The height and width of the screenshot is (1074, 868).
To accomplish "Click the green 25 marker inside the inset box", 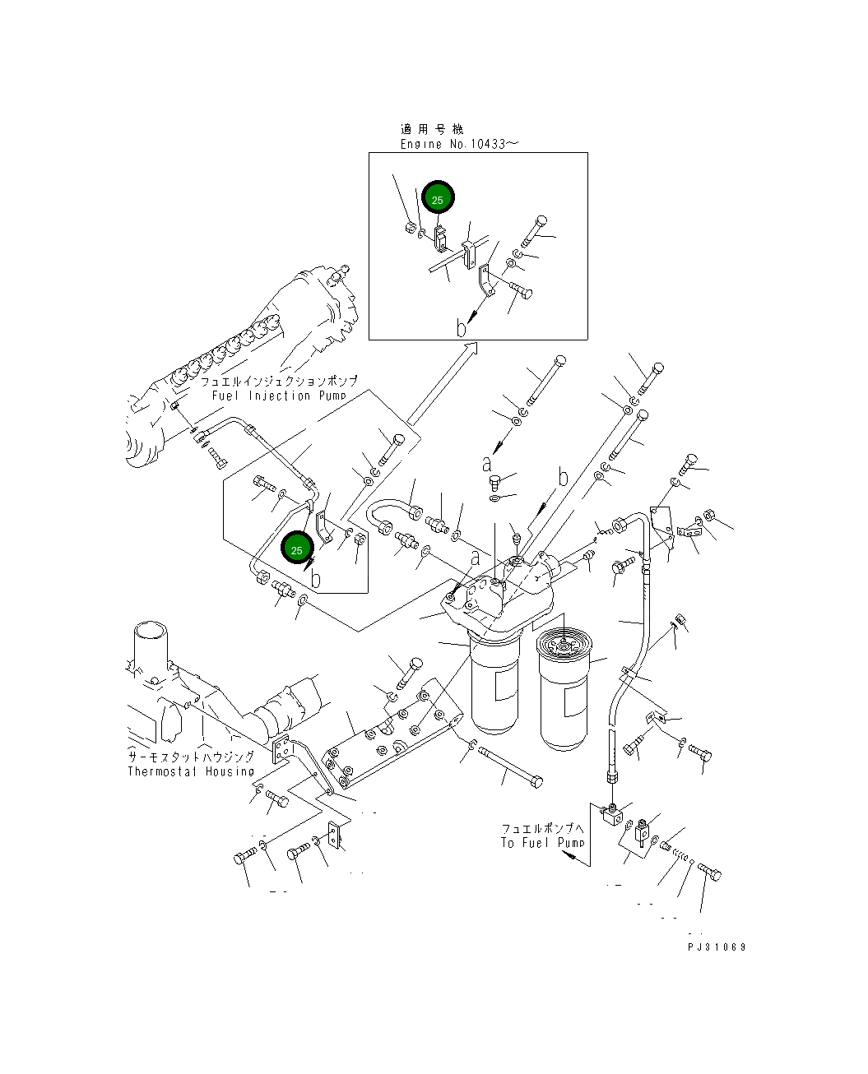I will pos(438,200).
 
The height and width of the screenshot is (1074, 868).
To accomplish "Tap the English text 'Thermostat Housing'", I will pos(191,771).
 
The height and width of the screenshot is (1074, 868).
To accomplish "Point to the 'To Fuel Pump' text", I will pos(542,843).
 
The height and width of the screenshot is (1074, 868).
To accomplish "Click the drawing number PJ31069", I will pos(717,947).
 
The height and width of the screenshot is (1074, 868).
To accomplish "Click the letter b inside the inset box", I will pos(462,328).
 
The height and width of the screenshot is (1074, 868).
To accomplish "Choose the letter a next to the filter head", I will pos(475,559).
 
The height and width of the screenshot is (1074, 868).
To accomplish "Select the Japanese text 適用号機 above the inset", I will pos(432,129).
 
